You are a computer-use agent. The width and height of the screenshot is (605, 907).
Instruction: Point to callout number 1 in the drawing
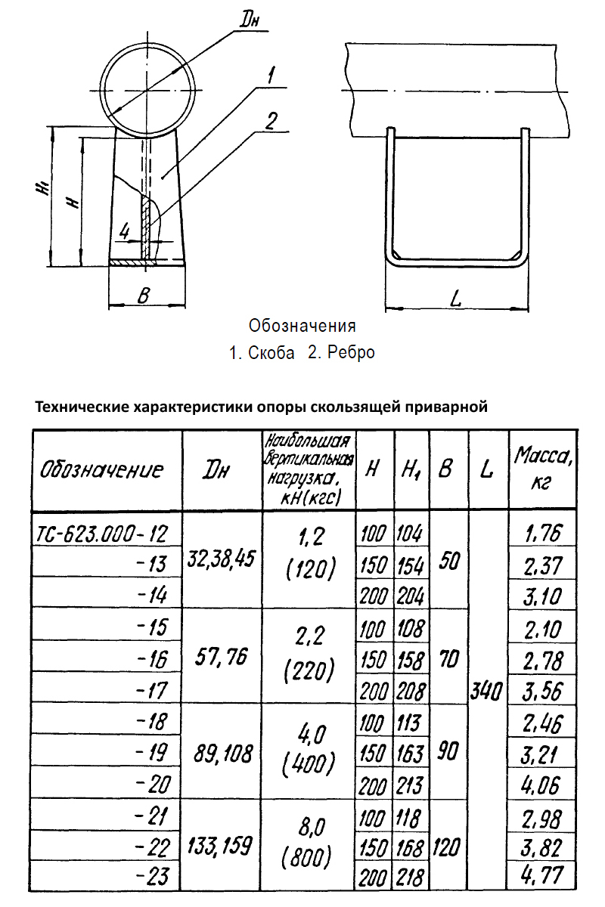click(x=271, y=74)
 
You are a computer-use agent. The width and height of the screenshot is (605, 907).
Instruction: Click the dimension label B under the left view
click(x=142, y=296)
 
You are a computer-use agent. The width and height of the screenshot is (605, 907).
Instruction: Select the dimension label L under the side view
click(x=455, y=299)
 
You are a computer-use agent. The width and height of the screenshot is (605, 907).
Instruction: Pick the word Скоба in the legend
click(x=271, y=353)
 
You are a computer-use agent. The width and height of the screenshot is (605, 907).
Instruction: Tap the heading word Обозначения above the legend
click(x=302, y=327)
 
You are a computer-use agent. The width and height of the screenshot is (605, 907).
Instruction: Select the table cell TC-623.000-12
click(x=101, y=534)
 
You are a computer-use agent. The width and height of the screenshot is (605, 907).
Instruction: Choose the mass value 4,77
click(x=543, y=876)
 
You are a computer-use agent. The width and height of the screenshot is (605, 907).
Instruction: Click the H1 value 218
click(x=411, y=877)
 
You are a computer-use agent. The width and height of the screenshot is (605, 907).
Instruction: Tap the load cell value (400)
click(x=309, y=765)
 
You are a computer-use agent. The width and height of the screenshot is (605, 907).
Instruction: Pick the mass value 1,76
click(x=543, y=534)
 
